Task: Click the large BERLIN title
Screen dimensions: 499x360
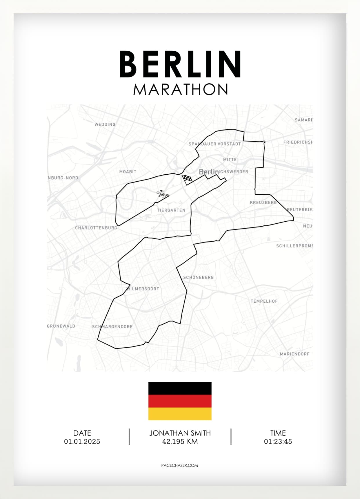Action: (180, 64)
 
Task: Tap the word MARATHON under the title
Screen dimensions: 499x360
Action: (181, 89)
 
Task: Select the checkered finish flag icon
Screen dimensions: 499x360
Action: (187, 179)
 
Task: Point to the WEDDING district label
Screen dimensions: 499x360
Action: (105, 124)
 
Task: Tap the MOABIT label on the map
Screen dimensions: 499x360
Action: (128, 172)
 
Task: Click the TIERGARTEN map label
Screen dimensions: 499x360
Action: (171, 210)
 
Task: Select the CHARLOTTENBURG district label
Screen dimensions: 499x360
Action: (96, 228)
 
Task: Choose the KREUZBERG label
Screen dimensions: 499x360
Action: (263, 203)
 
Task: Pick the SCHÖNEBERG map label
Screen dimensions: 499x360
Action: (198, 277)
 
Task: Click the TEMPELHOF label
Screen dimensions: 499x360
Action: (264, 301)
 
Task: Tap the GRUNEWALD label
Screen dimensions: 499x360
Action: (61, 326)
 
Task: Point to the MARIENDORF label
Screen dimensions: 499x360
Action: (294, 354)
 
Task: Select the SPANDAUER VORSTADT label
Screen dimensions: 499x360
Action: (214, 144)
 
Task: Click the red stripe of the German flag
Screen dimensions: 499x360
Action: (180, 401)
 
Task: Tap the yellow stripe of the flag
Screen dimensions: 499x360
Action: (180, 414)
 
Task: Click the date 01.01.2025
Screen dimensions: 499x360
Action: (82, 442)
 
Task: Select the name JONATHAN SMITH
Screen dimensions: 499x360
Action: (180, 433)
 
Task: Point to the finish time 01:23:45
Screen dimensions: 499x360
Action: (278, 442)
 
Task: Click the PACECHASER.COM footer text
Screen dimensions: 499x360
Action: (180, 465)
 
